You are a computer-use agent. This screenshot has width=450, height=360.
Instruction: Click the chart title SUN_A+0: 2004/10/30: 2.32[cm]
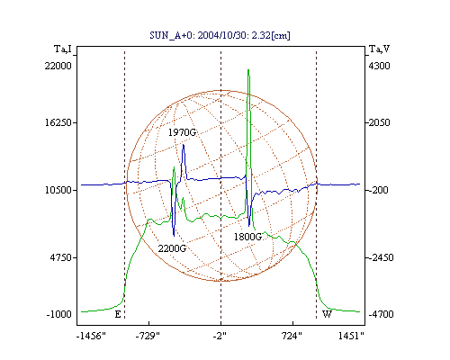tap(220, 35)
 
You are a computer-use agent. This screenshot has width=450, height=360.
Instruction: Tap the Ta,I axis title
tap(63, 49)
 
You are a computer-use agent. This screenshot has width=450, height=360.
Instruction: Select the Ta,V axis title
tap(379, 49)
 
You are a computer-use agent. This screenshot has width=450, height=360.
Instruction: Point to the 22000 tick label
tap(58, 66)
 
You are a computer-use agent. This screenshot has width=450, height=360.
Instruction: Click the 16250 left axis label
tap(58, 122)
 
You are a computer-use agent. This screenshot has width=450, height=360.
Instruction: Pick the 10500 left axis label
tap(58, 190)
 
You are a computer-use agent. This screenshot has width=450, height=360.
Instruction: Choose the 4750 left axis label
tap(61, 257)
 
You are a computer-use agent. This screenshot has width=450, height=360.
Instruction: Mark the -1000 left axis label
tap(59, 314)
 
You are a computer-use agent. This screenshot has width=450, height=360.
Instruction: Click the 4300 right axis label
tap(379, 66)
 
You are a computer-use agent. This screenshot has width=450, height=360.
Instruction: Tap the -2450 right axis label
tap(381, 257)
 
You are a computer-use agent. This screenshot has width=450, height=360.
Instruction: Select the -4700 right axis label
tap(381, 314)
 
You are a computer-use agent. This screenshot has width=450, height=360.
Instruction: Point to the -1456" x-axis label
tap(91, 337)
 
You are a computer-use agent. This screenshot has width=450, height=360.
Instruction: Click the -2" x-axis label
tap(220, 337)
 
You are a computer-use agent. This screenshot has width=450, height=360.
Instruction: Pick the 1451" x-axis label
tap(351, 337)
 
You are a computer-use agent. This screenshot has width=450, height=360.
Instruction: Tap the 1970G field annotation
tap(182, 132)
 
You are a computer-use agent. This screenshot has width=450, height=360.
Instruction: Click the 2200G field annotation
tap(172, 248)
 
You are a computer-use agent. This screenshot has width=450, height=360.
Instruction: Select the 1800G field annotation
tap(247, 237)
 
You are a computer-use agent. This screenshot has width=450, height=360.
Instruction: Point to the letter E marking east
tap(118, 314)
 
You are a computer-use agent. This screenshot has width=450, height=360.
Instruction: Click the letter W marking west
tap(327, 314)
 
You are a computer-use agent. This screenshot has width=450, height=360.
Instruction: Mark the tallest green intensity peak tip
tap(248, 69)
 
